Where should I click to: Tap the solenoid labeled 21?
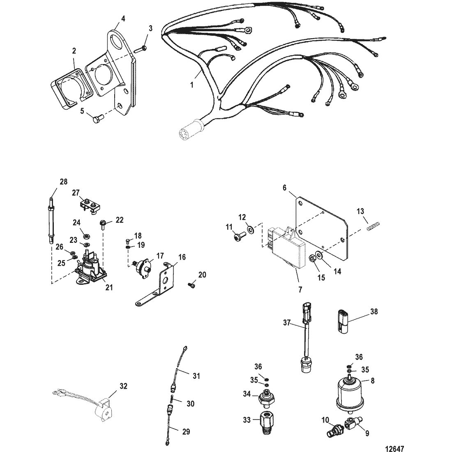pyautogui.click(x=89, y=271)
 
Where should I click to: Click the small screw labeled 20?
pyautogui.click(x=191, y=284)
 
